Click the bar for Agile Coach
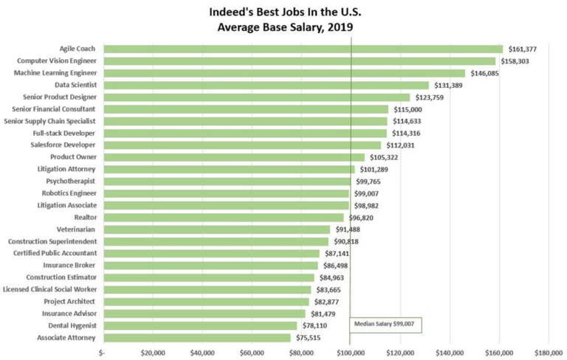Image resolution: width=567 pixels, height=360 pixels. [x=303, y=49]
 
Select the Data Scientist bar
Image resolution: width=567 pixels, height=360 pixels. [x=266, y=85]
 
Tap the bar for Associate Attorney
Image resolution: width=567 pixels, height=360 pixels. [x=197, y=338]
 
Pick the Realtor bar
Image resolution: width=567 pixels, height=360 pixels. [x=223, y=218]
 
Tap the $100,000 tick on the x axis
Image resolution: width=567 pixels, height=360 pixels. [x=351, y=353]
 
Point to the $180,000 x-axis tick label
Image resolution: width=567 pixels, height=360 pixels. [x=549, y=353]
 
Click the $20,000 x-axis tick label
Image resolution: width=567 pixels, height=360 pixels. [x=152, y=353]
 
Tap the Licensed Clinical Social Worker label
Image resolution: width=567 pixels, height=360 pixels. [x=50, y=289]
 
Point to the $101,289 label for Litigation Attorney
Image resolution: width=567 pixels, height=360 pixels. [x=373, y=170]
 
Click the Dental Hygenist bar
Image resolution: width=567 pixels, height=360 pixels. [x=199, y=325]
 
